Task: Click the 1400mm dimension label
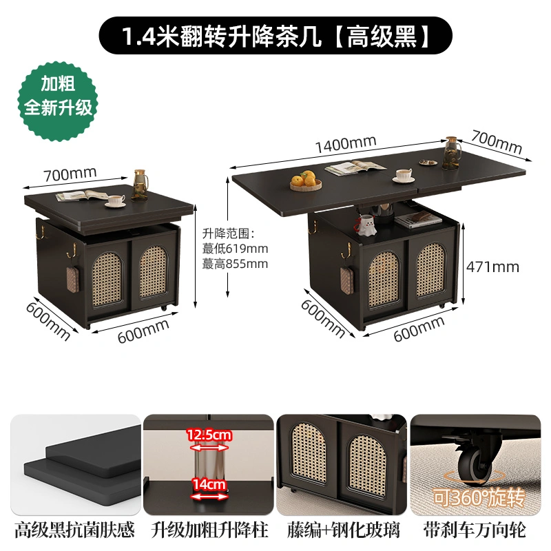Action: [x=346, y=145]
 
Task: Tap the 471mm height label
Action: [x=492, y=267]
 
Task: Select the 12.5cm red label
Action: [x=209, y=435]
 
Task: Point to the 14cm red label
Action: [x=209, y=484]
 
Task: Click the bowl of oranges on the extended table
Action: [x=306, y=180]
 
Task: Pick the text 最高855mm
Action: [x=235, y=264]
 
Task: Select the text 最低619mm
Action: [x=235, y=249]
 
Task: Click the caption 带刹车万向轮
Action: [x=475, y=530]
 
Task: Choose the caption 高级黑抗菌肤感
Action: [x=74, y=530]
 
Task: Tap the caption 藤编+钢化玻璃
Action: [x=343, y=530]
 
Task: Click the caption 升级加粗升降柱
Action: [x=210, y=530]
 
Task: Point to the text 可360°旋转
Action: [x=479, y=497]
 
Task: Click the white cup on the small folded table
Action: [x=116, y=200]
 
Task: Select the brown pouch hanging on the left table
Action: [x=73, y=279]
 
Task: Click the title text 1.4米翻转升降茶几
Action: [x=222, y=36]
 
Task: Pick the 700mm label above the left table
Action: [x=70, y=174]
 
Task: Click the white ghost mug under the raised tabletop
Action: [x=366, y=225]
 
